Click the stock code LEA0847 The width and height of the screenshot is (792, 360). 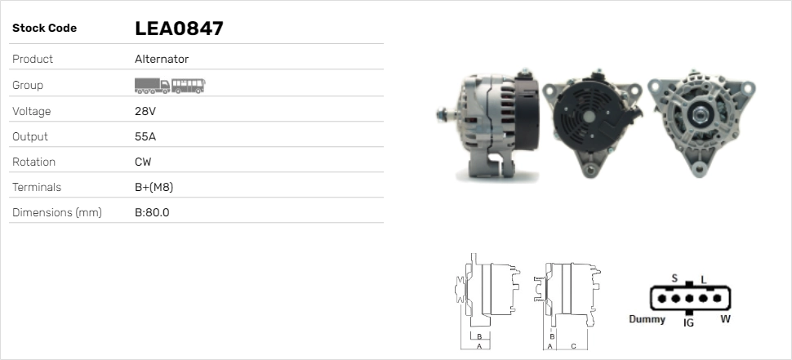[179, 29]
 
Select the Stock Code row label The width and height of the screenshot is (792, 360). [44, 29]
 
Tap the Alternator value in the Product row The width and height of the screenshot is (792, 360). [162, 60]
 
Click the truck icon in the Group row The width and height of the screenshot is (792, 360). [152, 85]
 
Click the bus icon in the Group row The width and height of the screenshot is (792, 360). [189, 85]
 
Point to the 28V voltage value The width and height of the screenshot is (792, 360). [145, 111]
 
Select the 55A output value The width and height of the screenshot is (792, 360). [145, 136]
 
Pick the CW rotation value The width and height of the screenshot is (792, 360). [143, 162]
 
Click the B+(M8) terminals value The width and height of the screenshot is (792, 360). [154, 188]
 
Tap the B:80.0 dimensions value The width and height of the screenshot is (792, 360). [152, 213]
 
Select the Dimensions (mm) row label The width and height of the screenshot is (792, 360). [56, 213]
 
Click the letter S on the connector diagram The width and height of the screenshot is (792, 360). [674, 278]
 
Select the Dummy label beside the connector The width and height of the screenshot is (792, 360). [647, 319]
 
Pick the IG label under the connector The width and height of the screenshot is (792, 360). [688, 323]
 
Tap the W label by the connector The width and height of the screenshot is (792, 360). [725, 319]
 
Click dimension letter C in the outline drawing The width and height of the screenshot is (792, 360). [573, 346]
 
